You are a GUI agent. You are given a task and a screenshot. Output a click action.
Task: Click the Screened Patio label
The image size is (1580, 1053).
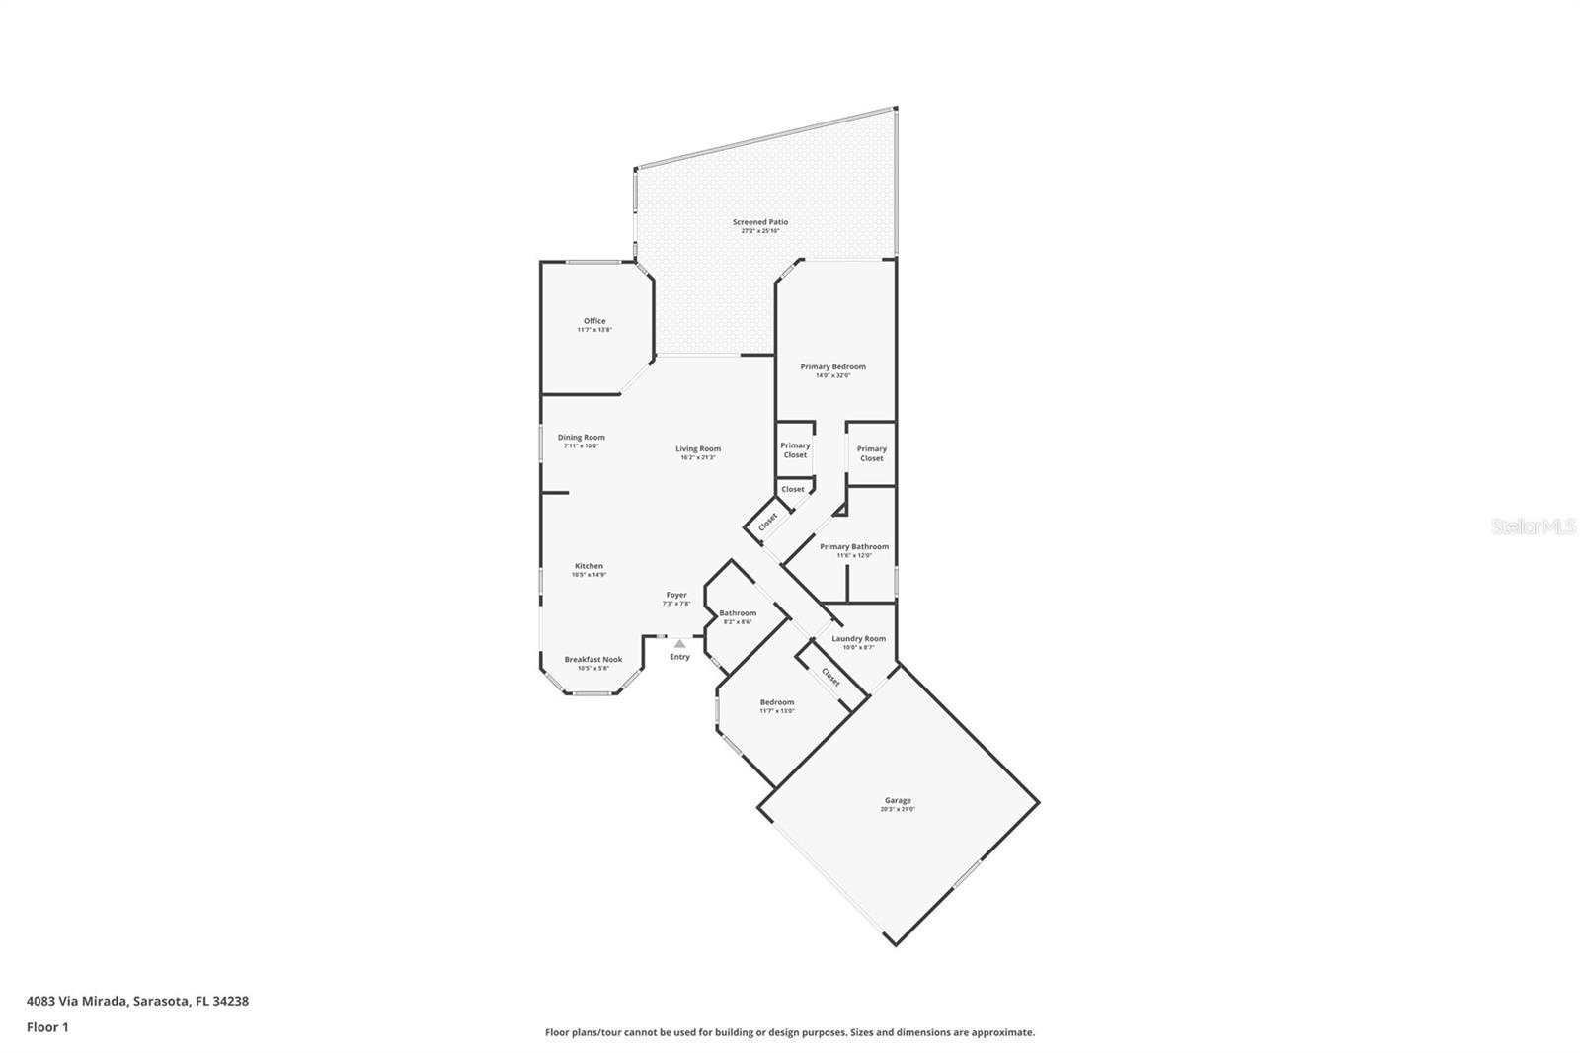(759, 222)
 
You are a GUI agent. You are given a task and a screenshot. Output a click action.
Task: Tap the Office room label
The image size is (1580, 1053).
(594, 321)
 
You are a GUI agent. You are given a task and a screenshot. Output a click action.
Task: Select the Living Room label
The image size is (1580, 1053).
(698, 449)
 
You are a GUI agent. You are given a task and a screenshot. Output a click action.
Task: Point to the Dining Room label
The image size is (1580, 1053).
(581, 438)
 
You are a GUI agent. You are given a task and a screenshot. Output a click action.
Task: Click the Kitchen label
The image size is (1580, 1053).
(589, 567)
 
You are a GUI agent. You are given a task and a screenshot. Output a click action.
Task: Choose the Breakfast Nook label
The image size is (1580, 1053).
(592, 659)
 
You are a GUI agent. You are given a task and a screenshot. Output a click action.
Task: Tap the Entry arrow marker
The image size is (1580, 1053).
(679, 644)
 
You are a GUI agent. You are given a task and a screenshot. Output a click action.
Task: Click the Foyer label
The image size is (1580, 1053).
(675, 596)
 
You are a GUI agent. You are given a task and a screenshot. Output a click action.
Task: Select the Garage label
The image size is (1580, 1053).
(898, 800)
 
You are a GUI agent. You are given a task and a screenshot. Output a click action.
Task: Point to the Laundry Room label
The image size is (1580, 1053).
(858, 639)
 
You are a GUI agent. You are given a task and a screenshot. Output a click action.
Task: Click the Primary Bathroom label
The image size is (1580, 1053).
(854, 547)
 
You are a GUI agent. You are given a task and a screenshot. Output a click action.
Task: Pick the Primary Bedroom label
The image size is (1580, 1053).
(832, 367)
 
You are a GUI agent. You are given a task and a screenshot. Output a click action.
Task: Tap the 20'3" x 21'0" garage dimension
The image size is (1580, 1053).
(898, 810)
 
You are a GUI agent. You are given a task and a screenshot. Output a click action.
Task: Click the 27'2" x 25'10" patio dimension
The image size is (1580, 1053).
(759, 231)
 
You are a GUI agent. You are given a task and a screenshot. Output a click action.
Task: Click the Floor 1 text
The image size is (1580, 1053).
(47, 1027)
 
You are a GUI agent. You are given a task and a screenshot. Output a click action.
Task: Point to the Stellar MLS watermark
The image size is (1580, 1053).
(1533, 527)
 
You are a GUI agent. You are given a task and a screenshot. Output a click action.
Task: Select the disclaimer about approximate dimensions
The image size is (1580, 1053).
(790, 1032)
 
